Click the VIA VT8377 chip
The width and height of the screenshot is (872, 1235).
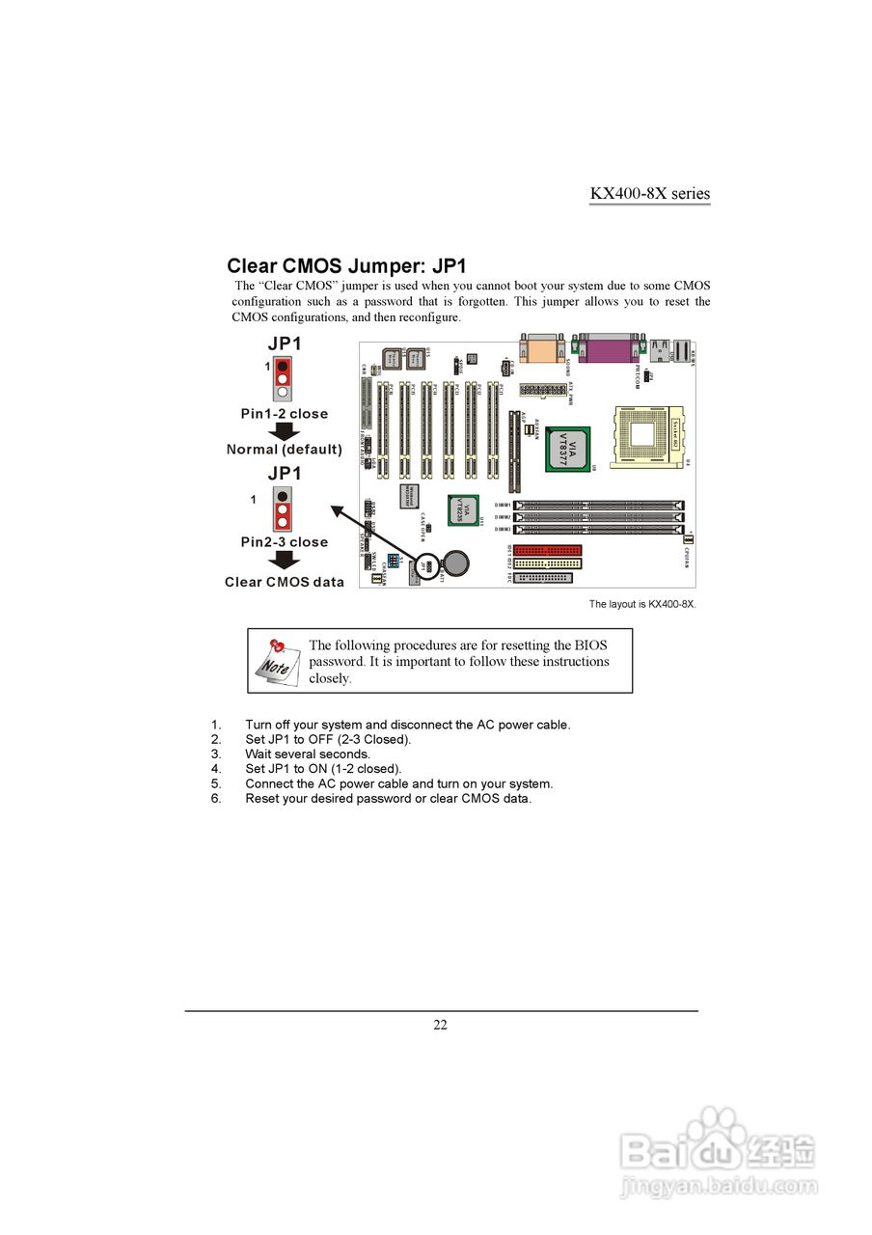pyautogui.click(x=567, y=448)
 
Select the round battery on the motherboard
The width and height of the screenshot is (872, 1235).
pyautogui.click(x=454, y=561)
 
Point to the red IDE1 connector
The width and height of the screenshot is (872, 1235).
pyautogui.click(x=547, y=552)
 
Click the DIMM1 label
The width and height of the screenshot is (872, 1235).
pyautogui.click(x=503, y=505)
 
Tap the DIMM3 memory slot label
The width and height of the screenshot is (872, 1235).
pyautogui.click(x=503, y=529)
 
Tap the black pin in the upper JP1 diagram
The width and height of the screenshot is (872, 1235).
pyautogui.click(x=282, y=367)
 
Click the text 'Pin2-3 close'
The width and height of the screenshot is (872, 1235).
pyautogui.click(x=284, y=542)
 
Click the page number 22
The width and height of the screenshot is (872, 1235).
pyautogui.click(x=440, y=1025)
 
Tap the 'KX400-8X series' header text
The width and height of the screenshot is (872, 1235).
pyautogui.click(x=649, y=193)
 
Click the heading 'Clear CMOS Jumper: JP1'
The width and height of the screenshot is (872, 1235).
pyautogui.click(x=346, y=265)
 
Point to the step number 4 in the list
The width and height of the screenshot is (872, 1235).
pyautogui.click(x=217, y=769)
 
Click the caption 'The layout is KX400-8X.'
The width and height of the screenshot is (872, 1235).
pyautogui.click(x=642, y=604)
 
